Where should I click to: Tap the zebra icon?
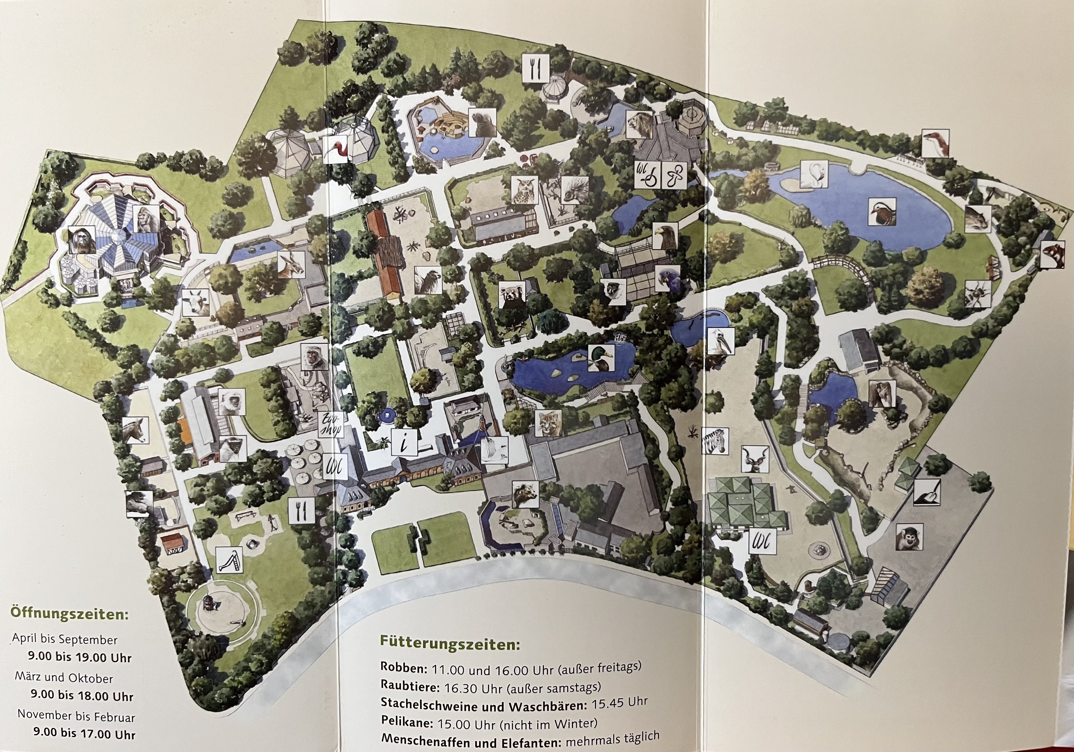714,440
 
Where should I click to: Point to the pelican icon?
720,342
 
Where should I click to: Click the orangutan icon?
82,240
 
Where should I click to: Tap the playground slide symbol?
230,559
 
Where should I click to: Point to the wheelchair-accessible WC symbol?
647,175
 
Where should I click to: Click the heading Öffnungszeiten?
69,613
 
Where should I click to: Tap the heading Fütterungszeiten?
449,644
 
